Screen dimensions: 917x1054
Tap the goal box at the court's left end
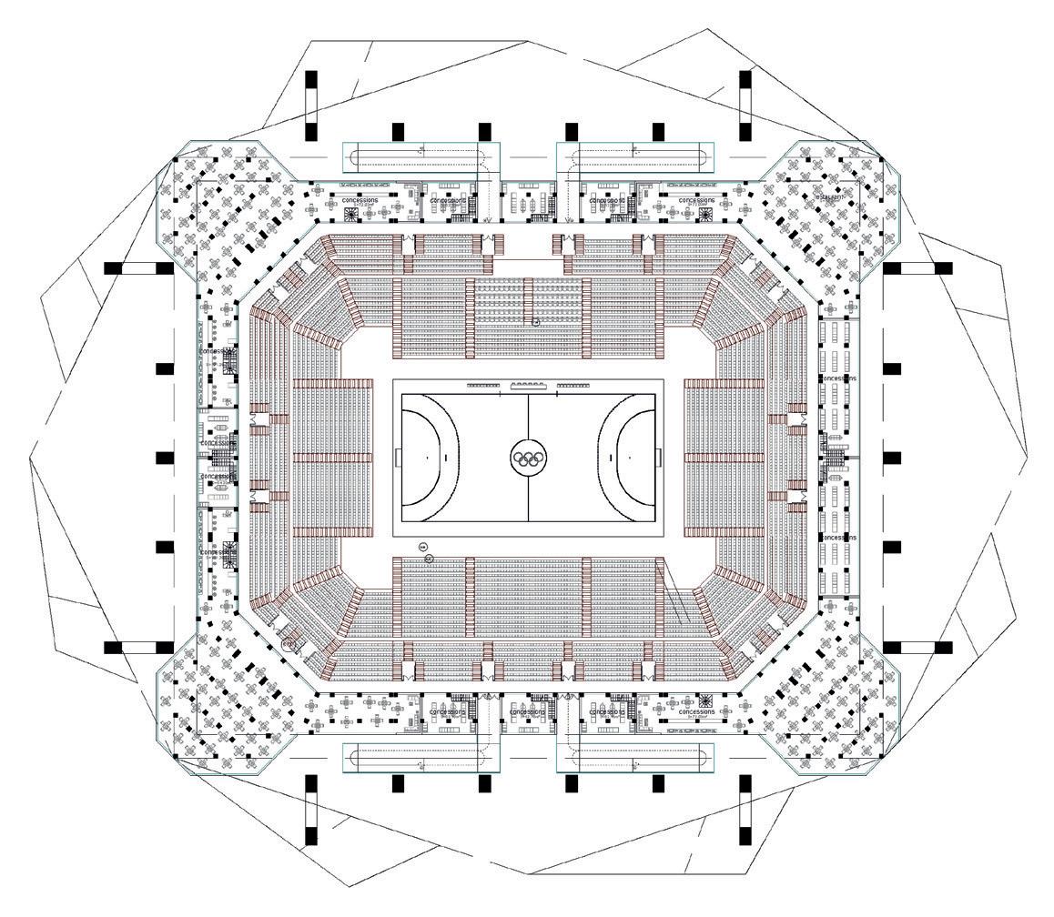398,458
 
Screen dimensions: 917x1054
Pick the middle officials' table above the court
528,386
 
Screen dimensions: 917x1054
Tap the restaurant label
829,196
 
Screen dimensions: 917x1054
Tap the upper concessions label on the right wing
837,378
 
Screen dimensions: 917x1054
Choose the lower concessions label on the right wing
837,538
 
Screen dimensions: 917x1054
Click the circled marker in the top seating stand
536,321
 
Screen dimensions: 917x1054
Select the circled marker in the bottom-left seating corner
288,644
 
